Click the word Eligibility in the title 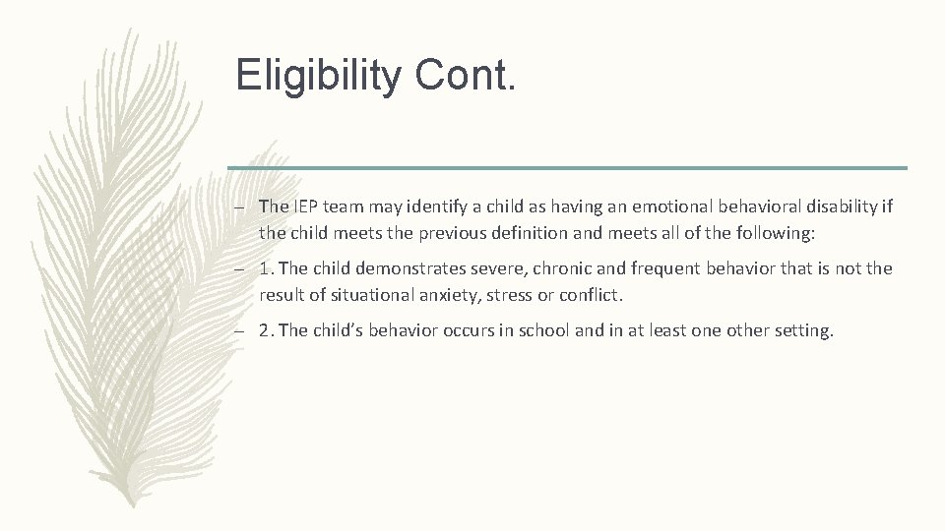pyautogui.click(x=316, y=75)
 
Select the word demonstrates pyautogui.click(x=404, y=268)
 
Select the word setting pyautogui.click(x=802, y=330)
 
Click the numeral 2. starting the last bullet pyautogui.click(x=266, y=330)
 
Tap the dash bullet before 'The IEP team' pyautogui.click(x=239, y=207)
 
